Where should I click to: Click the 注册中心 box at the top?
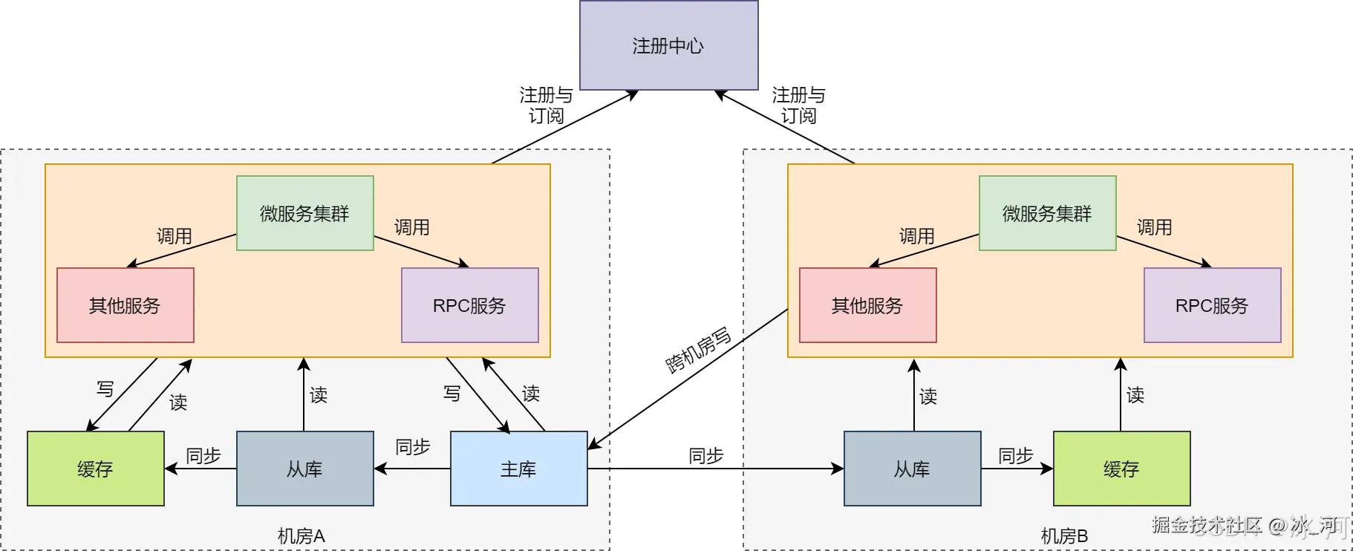(668, 45)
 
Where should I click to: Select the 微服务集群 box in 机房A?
(304, 213)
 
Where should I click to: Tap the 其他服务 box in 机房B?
(867, 305)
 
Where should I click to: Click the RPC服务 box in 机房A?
(469, 305)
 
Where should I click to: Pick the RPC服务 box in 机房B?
(1212, 305)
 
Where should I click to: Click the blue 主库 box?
(518, 469)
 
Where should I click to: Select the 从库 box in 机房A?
(304, 469)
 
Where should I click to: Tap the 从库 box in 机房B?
(912, 469)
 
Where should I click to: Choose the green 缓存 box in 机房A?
(95, 469)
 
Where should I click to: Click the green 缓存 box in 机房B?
(1121, 469)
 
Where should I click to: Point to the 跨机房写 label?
(698, 350)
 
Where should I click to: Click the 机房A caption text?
(301, 535)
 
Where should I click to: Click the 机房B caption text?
(1063, 535)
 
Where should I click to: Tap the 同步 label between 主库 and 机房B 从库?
(705, 455)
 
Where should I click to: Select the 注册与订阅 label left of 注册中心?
(546, 105)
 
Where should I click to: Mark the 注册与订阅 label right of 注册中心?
(798, 105)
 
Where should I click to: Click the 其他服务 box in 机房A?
(125, 305)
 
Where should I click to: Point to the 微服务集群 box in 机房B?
(1047, 213)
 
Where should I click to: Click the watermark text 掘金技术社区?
(1207, 525)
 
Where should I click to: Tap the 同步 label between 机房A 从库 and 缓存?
(203, 455)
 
